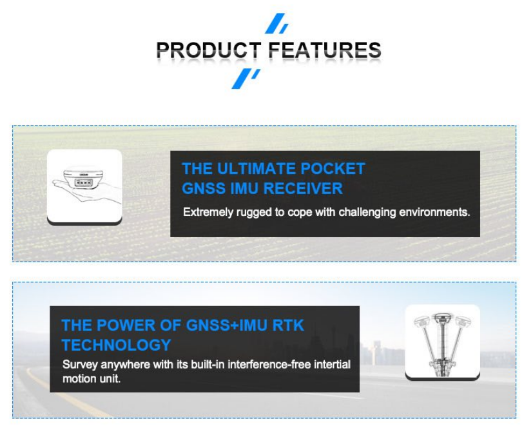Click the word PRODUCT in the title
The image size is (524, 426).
click(209, 50)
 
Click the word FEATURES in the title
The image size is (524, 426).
click(325, 50)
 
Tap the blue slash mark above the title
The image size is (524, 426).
click(276, 23)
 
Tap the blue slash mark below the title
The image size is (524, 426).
click(246, 79)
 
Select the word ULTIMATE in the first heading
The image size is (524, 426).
click(257, 168)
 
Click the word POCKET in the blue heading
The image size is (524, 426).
click(333, 168)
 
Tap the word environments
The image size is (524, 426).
click(434, 212)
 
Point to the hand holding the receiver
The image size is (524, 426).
click(87, 191)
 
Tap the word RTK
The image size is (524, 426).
click(288, 325)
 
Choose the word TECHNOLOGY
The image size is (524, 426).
click(116, 345)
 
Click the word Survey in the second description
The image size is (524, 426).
click(80, 365)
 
